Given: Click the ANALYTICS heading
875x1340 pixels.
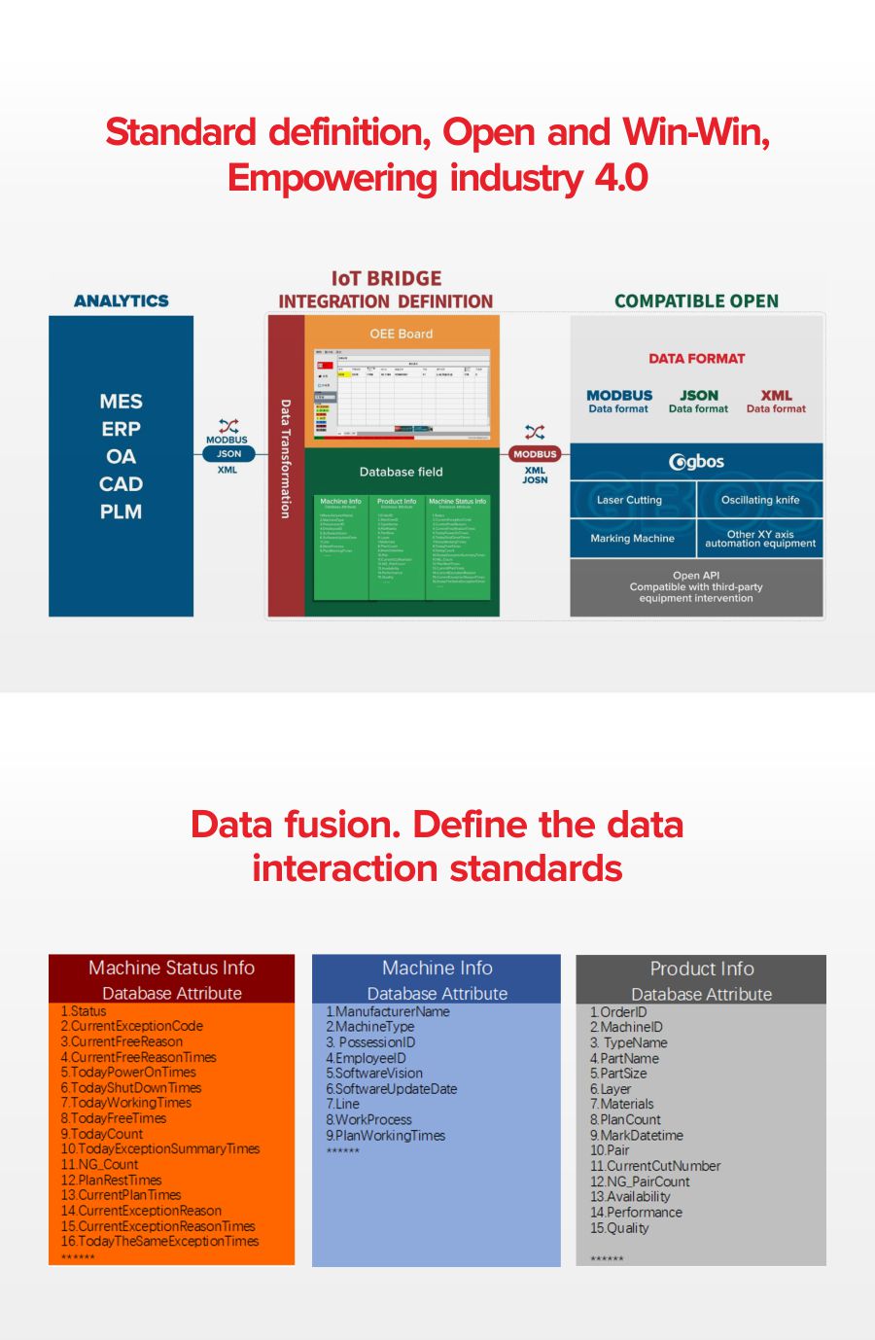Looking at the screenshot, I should click(x=121, y=301).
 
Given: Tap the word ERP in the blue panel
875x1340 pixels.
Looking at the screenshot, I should click(x=121, y=429).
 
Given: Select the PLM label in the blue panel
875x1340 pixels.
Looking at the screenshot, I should click(x=121, y=511).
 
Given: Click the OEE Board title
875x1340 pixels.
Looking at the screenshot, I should click(x=401, y=334).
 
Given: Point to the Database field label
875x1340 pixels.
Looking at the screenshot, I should click(x=401, y=472).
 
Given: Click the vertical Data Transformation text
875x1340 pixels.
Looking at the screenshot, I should click(x=285, y=458).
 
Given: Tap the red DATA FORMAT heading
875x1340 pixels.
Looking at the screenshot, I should click(x=696, y=359).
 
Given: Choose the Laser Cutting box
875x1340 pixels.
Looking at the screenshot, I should click(x=629, y=500).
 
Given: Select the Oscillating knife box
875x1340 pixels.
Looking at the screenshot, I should click(x=760, y=500).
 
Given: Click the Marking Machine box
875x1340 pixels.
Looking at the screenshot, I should click(x=632, y=538).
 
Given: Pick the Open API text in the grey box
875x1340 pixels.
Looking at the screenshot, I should click(x=696, y=576).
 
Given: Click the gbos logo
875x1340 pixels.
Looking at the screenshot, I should click(x=696, y=461).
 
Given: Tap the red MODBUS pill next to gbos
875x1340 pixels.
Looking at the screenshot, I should click(x=535, y=454).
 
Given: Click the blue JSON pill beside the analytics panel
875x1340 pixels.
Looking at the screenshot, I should click(x=228, y=454).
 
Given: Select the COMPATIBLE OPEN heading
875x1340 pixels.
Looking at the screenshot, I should click(x=696, y=301).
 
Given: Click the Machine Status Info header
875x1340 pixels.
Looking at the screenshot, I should click(x=171, y=969).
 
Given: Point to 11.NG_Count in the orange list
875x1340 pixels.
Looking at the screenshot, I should click(x=100, y=1164).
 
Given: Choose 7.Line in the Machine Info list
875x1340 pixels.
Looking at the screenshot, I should click(x=343, y=1105).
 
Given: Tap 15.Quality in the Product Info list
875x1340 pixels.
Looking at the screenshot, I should click(x=619, y=1228).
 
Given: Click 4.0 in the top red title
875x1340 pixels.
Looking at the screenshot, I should click(x=620, y=178).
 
